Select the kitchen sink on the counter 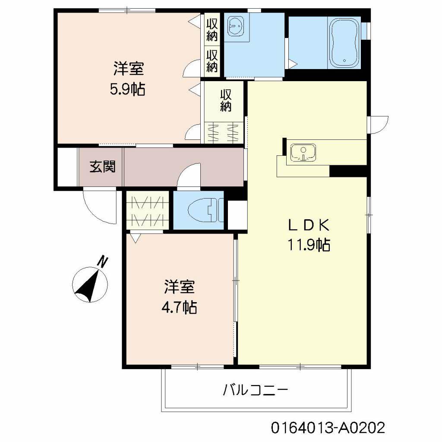pos(303,153)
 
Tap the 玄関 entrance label pos(102,167)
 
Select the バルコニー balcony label pos(255,391)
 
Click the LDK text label pos(309,225)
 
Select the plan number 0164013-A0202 pos(328,428)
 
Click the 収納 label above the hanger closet pos(226,101)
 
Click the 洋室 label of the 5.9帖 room pos(128,69)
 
